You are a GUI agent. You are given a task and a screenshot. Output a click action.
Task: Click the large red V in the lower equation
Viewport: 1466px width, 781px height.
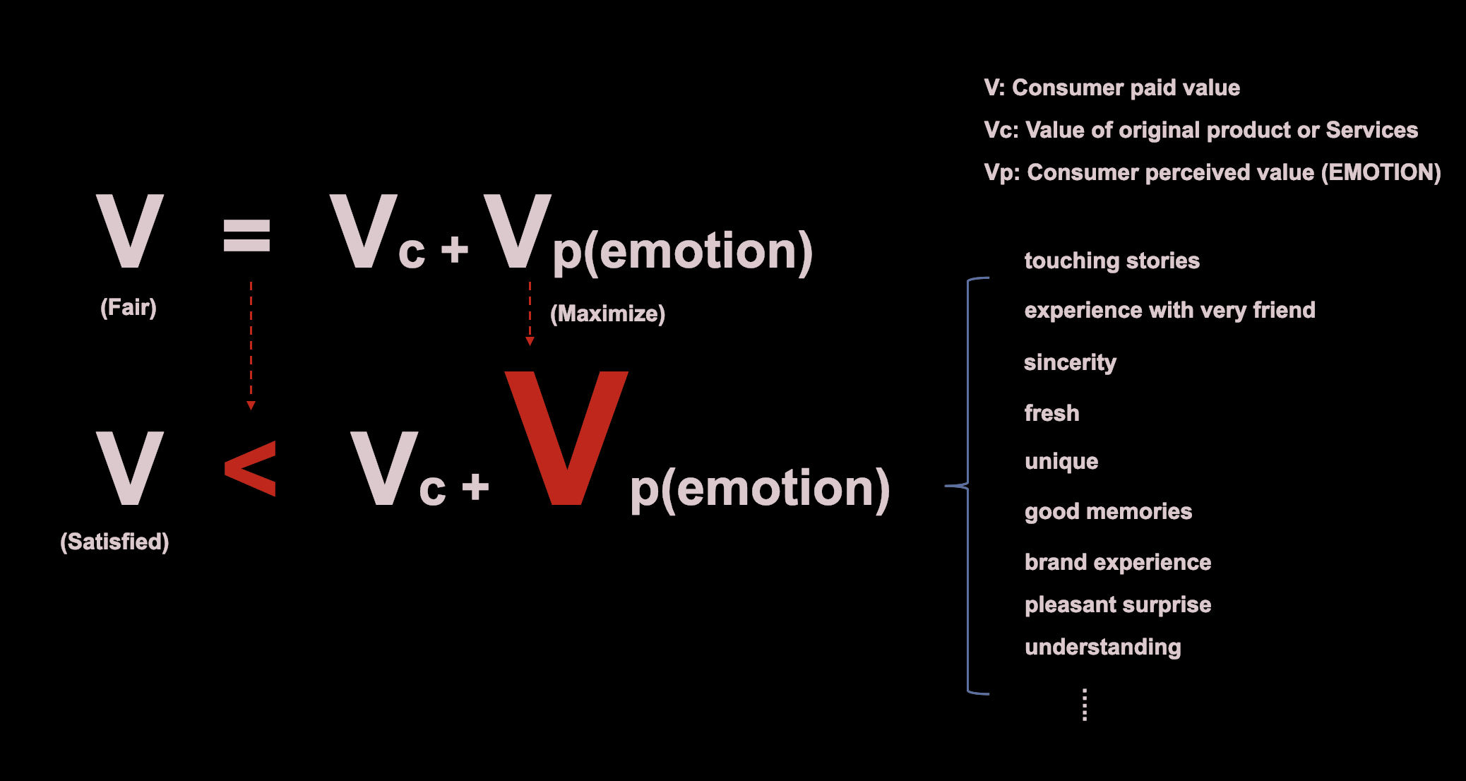tap(566, 438)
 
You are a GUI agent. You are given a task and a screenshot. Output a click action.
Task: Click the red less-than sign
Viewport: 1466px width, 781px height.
tap(250, 468)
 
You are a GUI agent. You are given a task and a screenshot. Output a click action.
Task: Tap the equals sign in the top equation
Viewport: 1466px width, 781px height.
tap(246, 235)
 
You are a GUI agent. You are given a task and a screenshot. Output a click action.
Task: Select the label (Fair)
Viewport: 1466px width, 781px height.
tap(129, 307)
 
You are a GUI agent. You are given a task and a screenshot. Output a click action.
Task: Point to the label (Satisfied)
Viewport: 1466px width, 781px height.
tap(114, 542)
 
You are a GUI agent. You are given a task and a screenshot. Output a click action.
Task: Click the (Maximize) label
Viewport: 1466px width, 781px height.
tap(607, 314)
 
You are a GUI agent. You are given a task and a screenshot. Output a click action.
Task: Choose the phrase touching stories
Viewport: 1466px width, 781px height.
tap(1112, 261)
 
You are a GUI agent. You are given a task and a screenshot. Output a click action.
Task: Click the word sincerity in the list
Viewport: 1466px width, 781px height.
tap(1070, 362)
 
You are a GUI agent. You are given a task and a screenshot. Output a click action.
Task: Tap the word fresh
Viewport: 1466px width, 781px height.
tap(1051, 412)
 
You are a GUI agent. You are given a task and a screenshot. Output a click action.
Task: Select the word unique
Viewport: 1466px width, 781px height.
tap(1061, 462)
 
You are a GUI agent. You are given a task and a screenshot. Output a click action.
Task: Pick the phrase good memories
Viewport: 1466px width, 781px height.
tap(1108, 511)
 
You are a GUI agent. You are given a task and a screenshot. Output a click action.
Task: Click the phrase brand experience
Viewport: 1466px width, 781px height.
tap(1118, 562)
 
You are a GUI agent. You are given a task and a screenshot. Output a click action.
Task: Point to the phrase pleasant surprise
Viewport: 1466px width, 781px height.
tap(1118, 604)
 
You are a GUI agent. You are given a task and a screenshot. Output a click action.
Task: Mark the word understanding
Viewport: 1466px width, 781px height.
tap(1102, 647)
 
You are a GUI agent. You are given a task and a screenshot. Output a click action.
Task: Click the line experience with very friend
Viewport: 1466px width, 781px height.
tap(1169, 310)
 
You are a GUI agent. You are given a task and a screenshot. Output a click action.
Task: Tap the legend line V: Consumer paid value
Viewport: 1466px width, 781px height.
tap(1112, 88)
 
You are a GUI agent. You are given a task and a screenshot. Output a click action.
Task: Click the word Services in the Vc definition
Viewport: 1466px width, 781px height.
tap(1371, 130)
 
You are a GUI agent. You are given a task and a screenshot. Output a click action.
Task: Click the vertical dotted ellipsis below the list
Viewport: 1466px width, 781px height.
tap(1085, 705)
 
